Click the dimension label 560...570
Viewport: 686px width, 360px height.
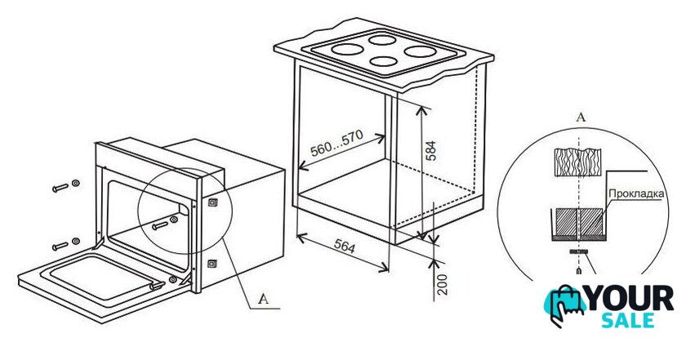(x=336, y=144)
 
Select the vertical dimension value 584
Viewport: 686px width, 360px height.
(x=431, y=151)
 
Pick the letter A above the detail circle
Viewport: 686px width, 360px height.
(x=581, y=117)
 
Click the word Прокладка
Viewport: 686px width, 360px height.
(x=636, y=193)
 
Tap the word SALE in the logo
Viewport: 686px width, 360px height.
(x=627, y=321)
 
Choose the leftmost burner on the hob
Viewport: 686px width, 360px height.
(x=347, y=49)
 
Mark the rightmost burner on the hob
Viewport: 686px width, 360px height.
(x=421, y=51)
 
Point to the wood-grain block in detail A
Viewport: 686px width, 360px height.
(x=577, y=162)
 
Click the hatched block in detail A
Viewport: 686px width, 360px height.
(x=578, y=222)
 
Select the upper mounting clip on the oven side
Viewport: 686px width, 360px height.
(x=212, y=202)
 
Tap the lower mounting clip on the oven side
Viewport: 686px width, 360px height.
(x=212, y=264)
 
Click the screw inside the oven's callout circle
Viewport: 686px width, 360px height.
(x=164, y=223)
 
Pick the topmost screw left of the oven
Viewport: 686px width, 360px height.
(x=65, y=186)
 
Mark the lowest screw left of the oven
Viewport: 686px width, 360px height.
(x=65, y=244)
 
